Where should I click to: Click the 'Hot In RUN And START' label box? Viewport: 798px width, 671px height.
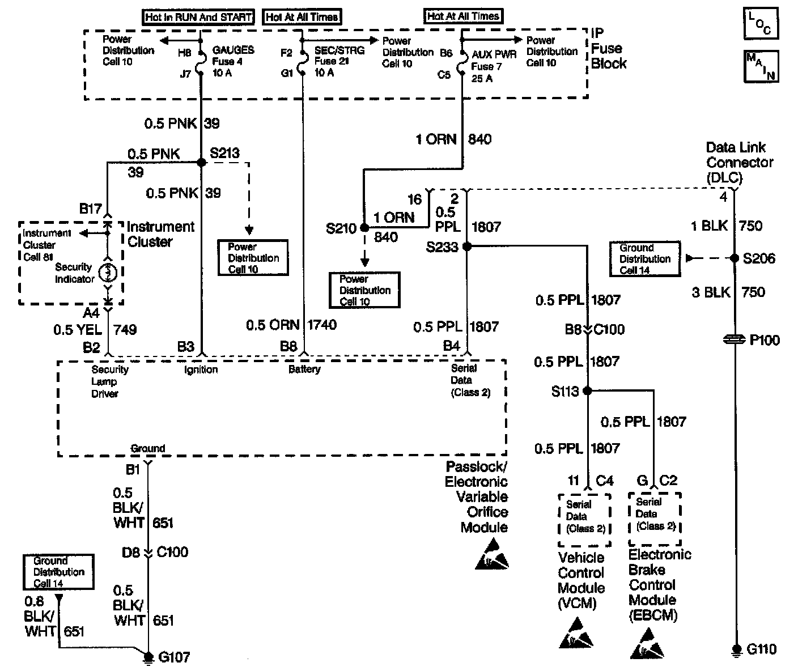coord(198,17)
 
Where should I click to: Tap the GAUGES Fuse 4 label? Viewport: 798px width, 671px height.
coord(233,61)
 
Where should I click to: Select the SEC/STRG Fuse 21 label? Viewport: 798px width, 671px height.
coord(339,61)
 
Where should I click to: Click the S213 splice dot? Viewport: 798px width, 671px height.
coord(201,163)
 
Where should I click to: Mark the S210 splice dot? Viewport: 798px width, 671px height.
coord(364,228)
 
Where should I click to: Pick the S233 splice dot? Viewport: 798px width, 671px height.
coord(466,247)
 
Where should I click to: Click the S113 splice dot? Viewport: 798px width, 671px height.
coord(588,390)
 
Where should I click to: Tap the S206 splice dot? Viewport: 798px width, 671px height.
coord(735,258)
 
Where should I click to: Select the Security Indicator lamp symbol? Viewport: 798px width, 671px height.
coord(108,273)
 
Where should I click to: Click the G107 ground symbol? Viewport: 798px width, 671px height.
coord(148,657)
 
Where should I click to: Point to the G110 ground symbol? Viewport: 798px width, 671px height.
coord(736,649)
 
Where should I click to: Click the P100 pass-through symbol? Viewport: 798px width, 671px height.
coord(735,340)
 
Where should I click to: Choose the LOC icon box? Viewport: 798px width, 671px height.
coord(761,24)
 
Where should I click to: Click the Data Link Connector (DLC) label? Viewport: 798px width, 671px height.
coord(738,163)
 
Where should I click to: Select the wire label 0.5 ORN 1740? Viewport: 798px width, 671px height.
coord(291,325)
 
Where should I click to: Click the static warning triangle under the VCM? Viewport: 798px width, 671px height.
coord(576,634)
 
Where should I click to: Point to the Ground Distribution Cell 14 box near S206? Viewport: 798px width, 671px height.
coord(644,259)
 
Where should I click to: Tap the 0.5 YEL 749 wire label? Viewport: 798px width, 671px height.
coord(95,329)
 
